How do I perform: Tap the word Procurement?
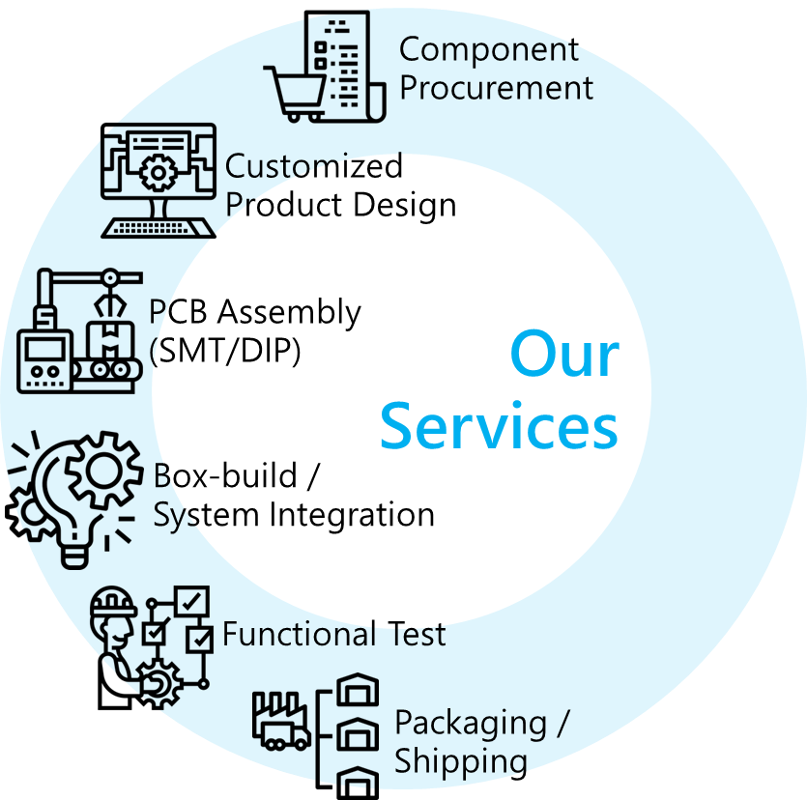click(497, 88)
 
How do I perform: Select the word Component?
click(489, 48)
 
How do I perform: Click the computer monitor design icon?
click(159, 179)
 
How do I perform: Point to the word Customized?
click(313, 166)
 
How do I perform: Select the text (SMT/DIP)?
click(225, 350)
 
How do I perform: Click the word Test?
click(413, 635)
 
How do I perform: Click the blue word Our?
click(564, 356)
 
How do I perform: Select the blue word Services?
click(498, 425)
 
